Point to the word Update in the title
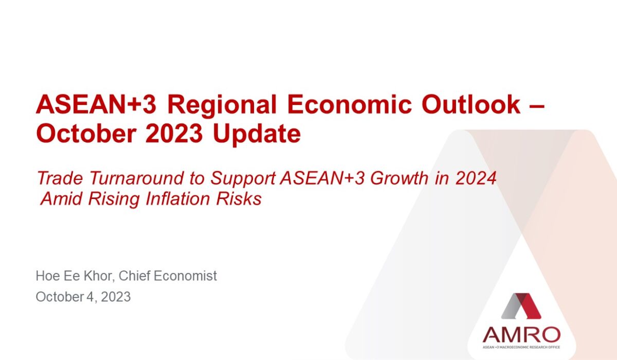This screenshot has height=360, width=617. (x=257, y=135)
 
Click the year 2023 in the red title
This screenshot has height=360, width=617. (x=174, y=133)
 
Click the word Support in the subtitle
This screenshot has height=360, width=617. (x=243, y=179)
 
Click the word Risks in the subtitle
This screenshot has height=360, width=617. (x=239, y=199)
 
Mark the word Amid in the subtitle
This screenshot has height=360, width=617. (x=61, y=199)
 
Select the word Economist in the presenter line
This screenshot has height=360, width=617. (x=185, y=276)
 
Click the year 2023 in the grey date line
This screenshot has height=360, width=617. (x=116, y=297)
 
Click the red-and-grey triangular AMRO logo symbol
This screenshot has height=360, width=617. (x=521, y=306)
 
